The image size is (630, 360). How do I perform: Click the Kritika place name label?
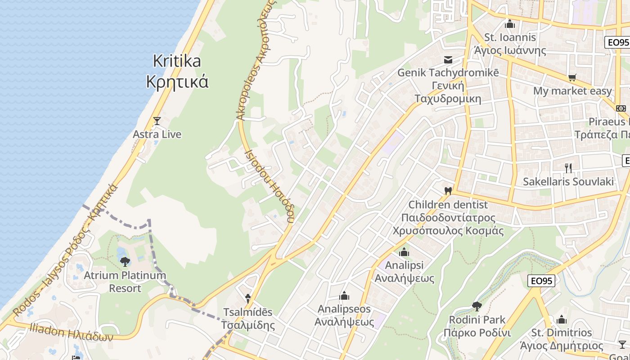tap(177, 71)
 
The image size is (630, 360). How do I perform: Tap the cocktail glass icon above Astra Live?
tap(157, 121)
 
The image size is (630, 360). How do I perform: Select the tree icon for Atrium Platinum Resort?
tap(125, 261)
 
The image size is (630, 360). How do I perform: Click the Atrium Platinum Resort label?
tap(125, 282)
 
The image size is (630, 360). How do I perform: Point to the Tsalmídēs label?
tap(247, 318)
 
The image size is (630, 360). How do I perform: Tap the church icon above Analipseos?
tap(344, 296)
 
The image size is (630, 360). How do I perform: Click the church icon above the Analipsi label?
tap(404, 252)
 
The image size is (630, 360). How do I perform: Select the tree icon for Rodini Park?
tap(477, 307)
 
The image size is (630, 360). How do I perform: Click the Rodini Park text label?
tap(477, 326)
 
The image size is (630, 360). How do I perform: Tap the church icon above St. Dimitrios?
tap(562, 319)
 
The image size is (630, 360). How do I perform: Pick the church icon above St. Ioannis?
tap(510, 24)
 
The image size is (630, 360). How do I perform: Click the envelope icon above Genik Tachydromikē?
tap(448, 59)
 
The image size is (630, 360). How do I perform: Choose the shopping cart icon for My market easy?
tap(572, 78)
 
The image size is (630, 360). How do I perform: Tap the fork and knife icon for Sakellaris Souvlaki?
tap(568, 168)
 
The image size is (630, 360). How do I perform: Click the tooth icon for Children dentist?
tap(448, 191)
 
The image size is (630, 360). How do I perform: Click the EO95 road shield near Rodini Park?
tap(541, 281)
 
